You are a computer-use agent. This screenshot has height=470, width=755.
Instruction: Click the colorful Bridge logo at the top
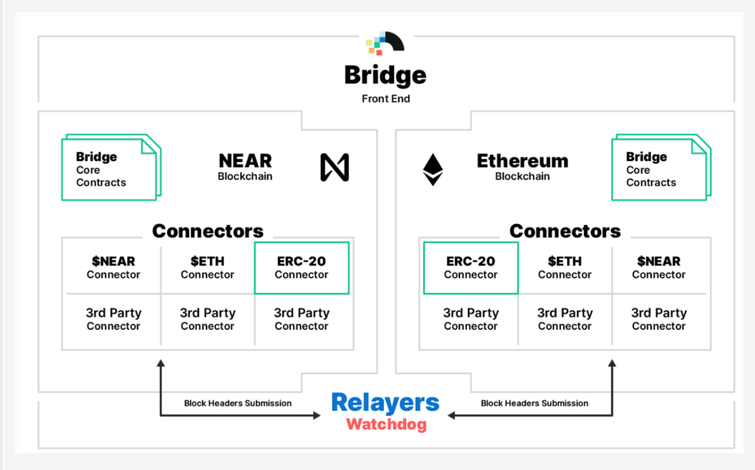click(385, 43)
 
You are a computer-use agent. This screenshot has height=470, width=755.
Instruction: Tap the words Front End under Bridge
click(386, 99)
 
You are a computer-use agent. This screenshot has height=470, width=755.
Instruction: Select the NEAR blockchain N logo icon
click(334, 167)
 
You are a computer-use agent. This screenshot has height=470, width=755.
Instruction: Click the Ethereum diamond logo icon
click(433, 170)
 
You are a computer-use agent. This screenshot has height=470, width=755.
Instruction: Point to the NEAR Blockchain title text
click(245, 167)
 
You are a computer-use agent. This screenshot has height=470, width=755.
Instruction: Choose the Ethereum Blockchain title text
click(522, 167)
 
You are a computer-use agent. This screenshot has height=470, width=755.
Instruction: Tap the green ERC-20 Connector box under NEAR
click(302, 268)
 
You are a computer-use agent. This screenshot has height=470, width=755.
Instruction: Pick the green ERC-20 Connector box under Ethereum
click(471, 268)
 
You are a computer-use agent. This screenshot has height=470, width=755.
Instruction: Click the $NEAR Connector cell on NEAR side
click(113, 268)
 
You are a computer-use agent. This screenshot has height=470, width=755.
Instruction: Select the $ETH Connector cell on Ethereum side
click(565, 268)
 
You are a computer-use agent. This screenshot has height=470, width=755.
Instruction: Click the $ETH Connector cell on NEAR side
click(207, 268)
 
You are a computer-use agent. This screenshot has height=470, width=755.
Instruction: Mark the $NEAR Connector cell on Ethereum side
click(659, 268)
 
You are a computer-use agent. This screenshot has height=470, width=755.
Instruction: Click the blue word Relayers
click(385, 403)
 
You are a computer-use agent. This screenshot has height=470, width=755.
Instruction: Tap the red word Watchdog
click(386, 425)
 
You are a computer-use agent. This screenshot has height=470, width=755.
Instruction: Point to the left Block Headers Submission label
click(238, 403)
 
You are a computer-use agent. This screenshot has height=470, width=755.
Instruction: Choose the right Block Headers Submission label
click(534, 403)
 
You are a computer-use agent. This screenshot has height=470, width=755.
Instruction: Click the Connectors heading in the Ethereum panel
click(565, 231)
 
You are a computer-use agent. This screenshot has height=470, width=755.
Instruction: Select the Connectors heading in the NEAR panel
click(208, 231)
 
